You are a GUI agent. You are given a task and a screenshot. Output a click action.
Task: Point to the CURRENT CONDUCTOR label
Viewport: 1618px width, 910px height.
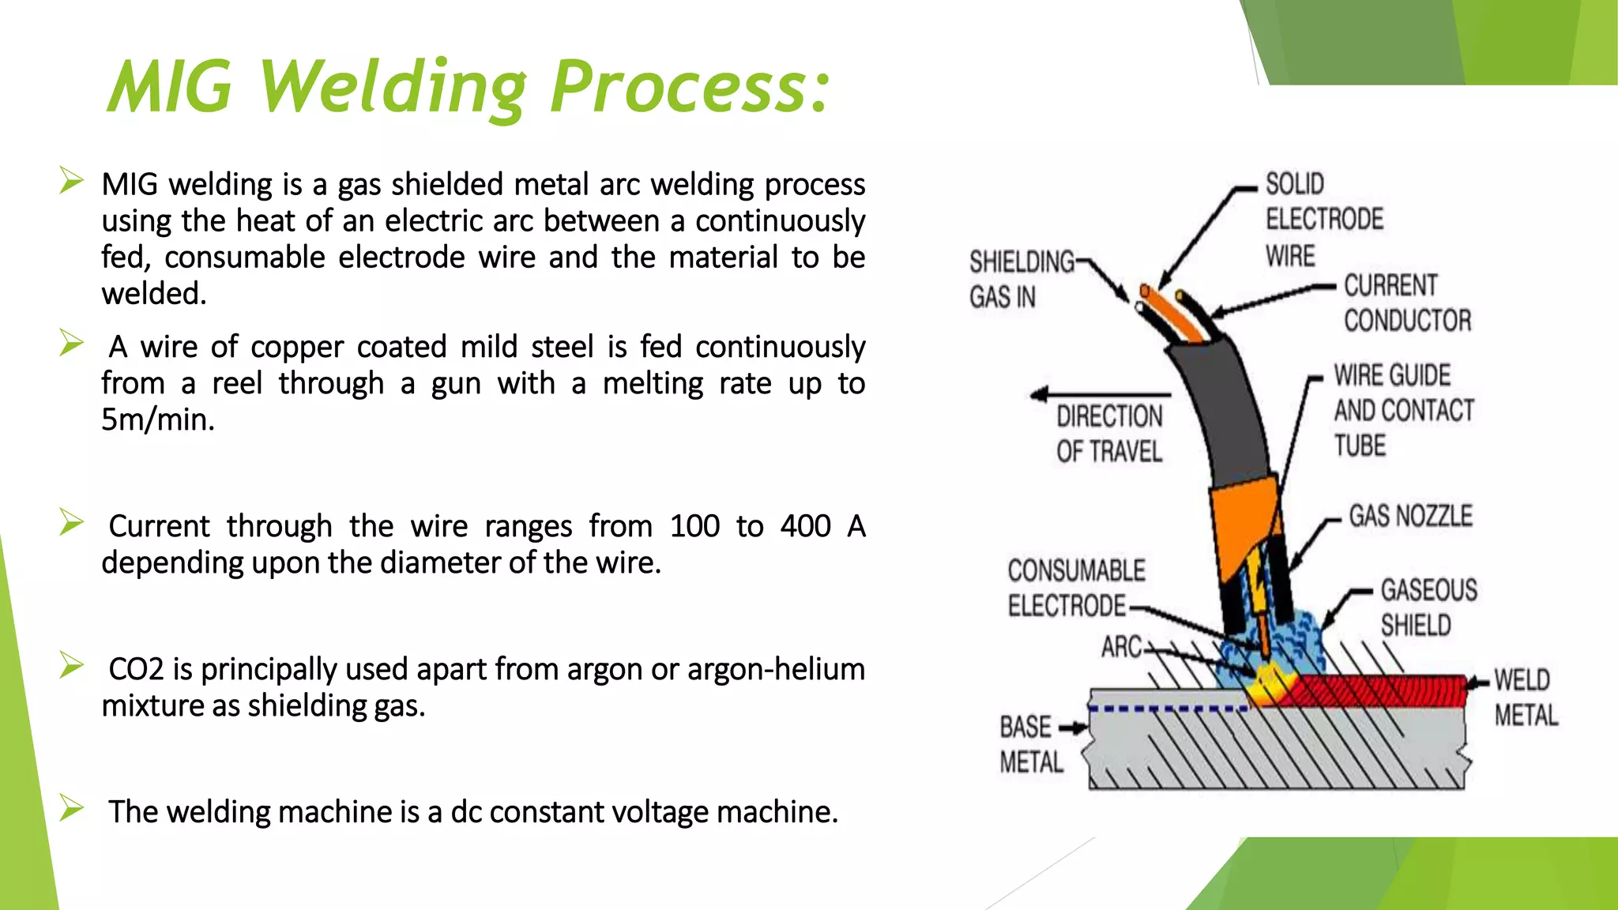[x=1407, y=303]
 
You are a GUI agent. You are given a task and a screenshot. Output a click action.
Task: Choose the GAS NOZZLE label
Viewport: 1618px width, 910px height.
[x=1410, y=517]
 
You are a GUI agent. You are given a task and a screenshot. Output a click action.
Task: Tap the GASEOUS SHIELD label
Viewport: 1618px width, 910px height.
[x=1428, y=607]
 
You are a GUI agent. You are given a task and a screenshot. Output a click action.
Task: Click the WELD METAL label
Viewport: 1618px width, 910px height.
[x=1525, y=698]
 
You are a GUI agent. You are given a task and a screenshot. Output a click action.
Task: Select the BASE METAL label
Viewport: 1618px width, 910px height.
[x=1030, y=744]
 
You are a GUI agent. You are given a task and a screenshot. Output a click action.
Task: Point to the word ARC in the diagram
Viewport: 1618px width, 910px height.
[x=1122, y=647]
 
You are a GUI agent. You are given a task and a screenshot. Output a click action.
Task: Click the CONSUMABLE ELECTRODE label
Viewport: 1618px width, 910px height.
[x=1075, y=588]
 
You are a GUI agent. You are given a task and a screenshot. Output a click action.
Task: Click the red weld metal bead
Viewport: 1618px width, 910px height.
[x=1383, y=690]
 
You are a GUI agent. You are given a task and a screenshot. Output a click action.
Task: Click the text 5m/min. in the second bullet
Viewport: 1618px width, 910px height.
[x=158, y=419]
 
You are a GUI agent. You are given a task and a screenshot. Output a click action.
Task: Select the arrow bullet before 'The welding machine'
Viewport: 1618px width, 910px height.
[x=71, y=808]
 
